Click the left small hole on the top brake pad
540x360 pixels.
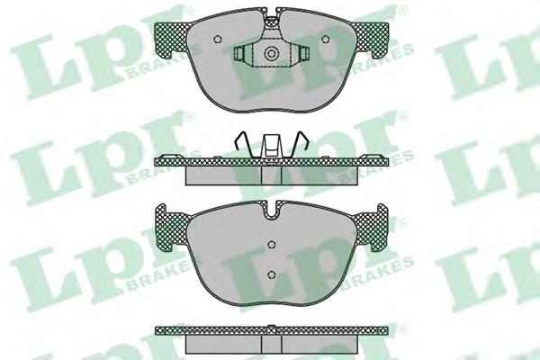[217, 40]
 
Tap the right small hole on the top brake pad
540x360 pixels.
[324, 40]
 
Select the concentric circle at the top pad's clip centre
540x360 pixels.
[271, 53]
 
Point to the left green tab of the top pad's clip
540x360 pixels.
[239, 53]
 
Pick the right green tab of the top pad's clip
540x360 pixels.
[303, 53]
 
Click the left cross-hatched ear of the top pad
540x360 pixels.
[172, 39]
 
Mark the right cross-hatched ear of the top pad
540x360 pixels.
[370, 39]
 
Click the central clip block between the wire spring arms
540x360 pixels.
[272, 147]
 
